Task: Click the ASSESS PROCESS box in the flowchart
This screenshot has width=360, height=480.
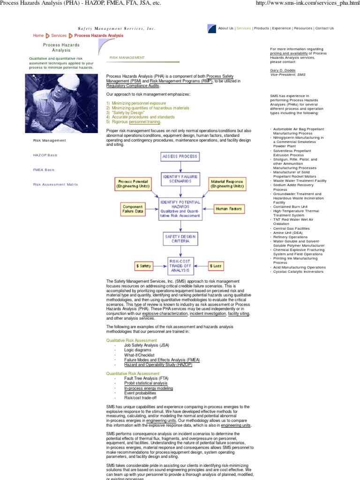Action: click(180, 156)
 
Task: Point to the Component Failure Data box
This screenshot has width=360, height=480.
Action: click(133, 209)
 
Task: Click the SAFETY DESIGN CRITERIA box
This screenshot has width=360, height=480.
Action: click(180, 239)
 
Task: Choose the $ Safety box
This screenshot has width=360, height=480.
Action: click(144, 266)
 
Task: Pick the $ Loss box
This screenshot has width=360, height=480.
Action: click(216, 266)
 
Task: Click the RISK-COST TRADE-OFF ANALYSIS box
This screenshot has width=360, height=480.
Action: click(180, 265)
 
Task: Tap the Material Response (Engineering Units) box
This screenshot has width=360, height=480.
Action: click(227, 183)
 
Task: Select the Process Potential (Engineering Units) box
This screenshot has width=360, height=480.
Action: click(133, 183)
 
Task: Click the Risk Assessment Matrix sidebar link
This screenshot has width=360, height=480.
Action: click(55, 184)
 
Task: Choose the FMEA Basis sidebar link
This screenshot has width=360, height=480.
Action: click(42, 170)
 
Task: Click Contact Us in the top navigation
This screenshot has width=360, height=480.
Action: click(324, 28)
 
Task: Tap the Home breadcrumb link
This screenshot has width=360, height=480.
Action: click(38, 36)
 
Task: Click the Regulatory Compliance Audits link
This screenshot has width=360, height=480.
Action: click(133, 86)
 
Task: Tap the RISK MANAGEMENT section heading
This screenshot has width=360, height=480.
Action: click(127, 58)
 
